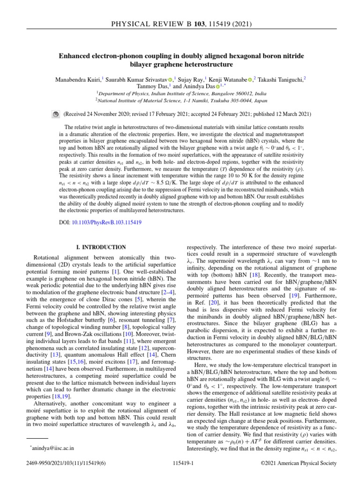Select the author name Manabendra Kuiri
tap(78, 79)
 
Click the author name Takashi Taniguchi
tap(278, 79)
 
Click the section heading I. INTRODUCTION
tap(101, 247)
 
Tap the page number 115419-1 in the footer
tap(180, 463)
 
